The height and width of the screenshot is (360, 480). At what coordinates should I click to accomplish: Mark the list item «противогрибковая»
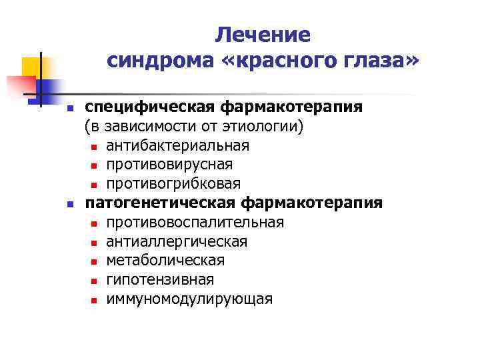tap(173, 183)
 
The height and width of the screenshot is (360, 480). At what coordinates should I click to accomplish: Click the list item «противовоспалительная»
tap(195, 222)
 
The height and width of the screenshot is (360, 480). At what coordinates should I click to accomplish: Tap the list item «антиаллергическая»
tap(177, 241)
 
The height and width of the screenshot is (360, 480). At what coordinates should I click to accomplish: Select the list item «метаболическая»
tap(165, 260)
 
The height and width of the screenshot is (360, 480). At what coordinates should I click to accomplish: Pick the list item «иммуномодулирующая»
tap(189, 299)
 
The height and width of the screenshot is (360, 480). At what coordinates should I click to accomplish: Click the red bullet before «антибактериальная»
tap(94, 147)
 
